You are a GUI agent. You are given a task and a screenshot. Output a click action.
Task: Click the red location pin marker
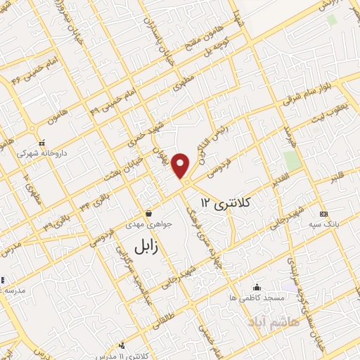(182, 165)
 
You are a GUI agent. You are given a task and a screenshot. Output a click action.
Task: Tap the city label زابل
(150, 245)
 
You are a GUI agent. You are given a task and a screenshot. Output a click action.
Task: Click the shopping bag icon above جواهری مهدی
(149, 213)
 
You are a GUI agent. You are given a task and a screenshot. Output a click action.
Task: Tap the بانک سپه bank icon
(323, 213)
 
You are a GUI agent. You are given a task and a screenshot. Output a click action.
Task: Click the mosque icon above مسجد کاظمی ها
(256, 287)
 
